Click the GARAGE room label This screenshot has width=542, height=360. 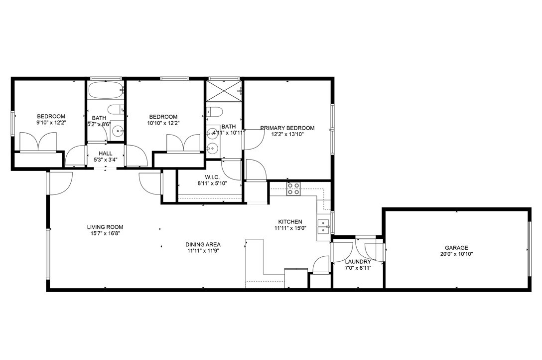(456, 247)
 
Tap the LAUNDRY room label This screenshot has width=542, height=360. (358, 262)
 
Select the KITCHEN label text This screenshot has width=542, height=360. (289, 222)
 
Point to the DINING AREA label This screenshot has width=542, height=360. (203, 244)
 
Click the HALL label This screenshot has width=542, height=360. (105, 154)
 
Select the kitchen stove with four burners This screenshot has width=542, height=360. (293, 188)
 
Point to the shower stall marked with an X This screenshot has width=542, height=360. (223, 91)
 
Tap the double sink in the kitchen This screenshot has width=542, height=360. (324, 226)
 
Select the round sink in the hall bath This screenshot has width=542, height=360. (118, 131)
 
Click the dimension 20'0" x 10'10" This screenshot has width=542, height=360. (456, 254)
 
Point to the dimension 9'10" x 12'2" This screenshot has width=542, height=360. (51, 123)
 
